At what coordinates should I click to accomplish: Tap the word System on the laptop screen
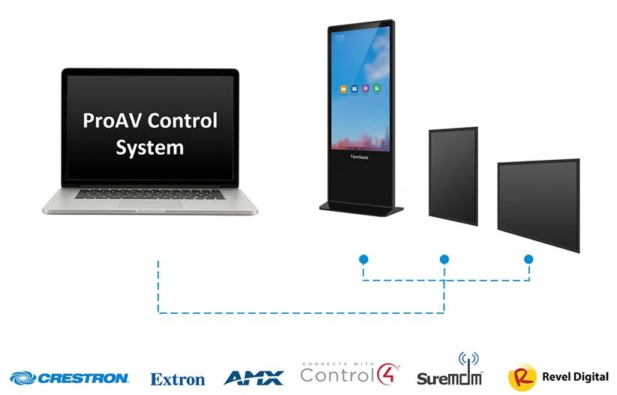coord(149,147)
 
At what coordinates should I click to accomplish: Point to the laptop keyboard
coord(149,193)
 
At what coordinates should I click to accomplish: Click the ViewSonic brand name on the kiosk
coord(361,157)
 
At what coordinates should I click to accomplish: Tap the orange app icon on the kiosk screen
coord(342,89)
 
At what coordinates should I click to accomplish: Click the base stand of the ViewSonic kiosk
coord(361,207)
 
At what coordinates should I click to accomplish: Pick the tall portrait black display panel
coord(453,176)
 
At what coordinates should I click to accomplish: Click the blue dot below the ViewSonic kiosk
coord(363,259)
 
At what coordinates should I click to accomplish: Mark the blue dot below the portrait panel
coord(444,259)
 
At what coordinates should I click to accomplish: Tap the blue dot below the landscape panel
coord(528,259)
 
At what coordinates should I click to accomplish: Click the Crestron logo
coord(70,377)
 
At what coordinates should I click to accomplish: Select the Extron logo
coord(178,379)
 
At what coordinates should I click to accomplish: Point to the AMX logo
coord(254,377)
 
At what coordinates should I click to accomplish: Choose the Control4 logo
coord(350,372)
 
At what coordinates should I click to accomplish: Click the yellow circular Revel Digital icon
coord(522,377)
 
